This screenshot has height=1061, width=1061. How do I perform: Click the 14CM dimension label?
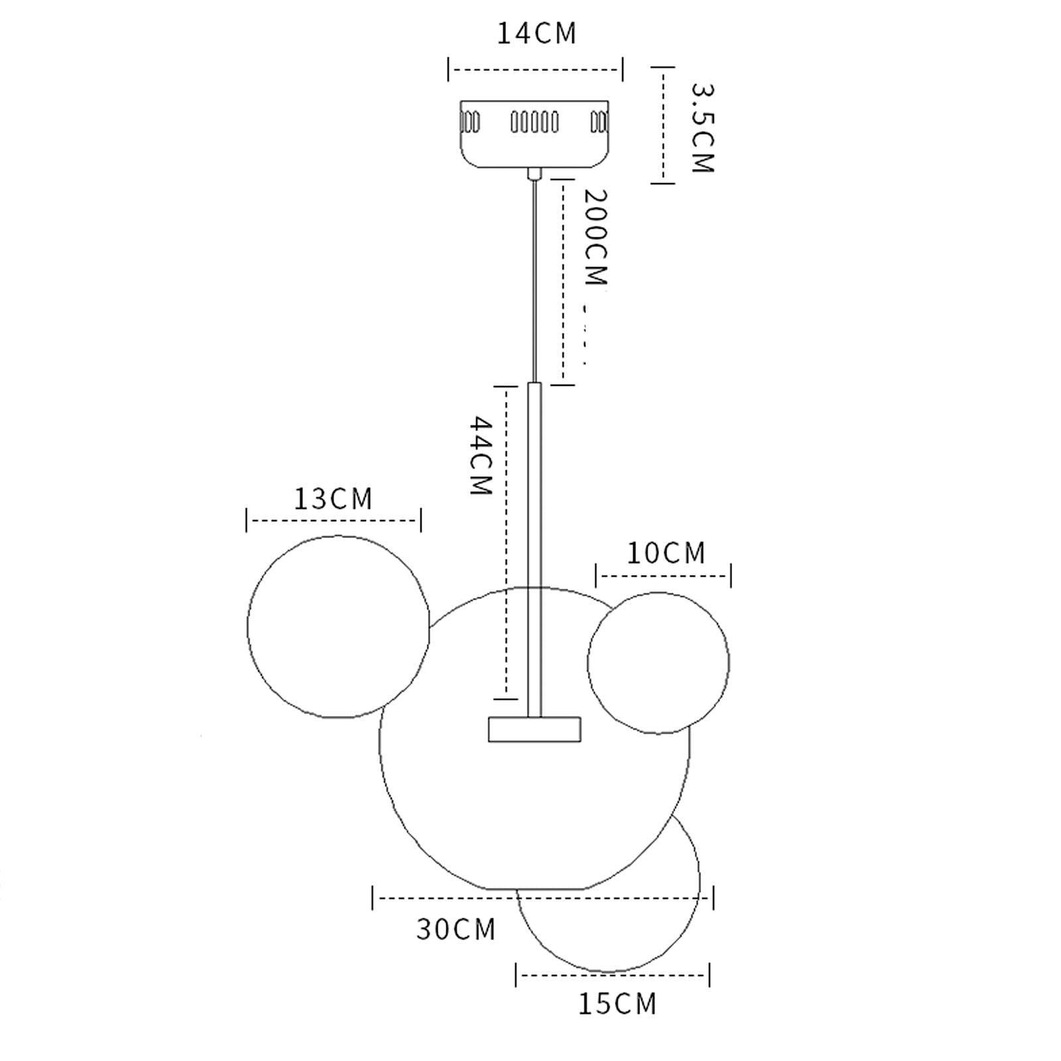click(536, 34)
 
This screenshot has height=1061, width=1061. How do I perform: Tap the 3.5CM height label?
click(702, 127)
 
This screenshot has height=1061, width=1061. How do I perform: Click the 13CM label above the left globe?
click(334, 499)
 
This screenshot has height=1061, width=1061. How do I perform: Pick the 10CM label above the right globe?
click(666, 553)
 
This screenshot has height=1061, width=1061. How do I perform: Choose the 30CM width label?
click(456, 929)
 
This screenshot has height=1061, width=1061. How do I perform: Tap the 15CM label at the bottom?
click(617, 1003)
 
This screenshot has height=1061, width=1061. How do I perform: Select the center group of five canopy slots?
click(534, 122)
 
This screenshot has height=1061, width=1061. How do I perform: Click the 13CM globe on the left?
click(338, 627)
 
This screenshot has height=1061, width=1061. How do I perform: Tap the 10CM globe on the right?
click(658, 662)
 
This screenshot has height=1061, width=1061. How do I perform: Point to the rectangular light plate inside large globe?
click(534, 729)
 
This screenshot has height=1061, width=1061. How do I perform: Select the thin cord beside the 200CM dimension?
click(534, 279)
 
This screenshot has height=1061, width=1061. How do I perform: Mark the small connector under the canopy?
click(534, 174)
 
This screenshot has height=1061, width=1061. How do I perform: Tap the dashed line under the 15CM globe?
click(613, 975)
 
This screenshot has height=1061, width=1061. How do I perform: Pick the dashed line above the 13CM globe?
click(334, 521)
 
